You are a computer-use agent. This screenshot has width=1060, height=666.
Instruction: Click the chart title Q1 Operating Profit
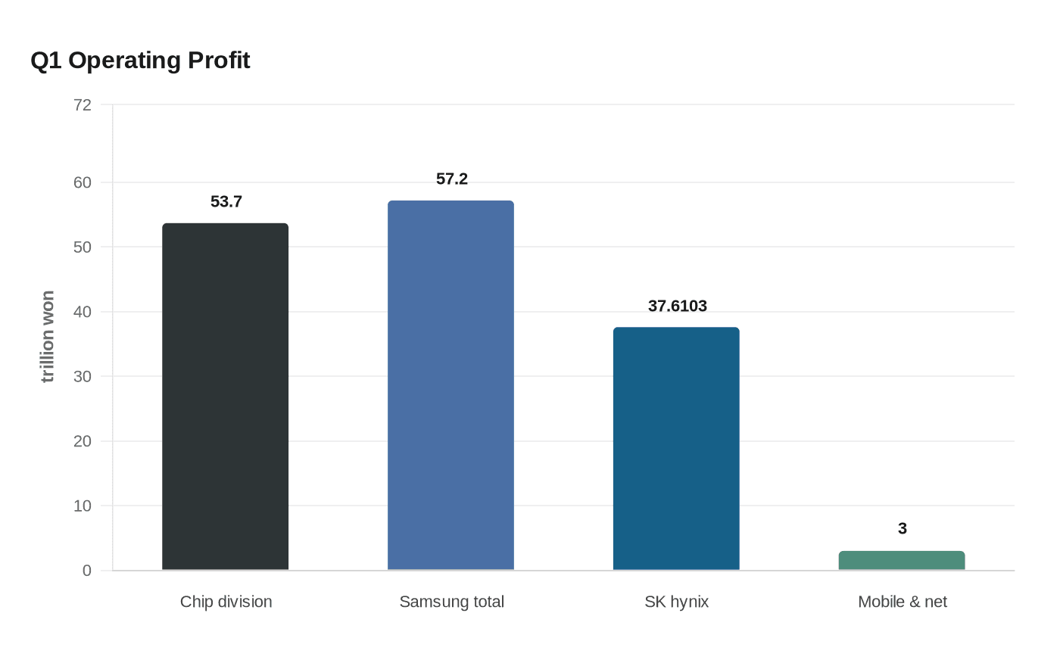click(140, 61)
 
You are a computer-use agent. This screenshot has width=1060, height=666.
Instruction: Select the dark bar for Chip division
click(225, 397)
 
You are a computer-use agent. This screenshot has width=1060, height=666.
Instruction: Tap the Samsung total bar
click(450, 385)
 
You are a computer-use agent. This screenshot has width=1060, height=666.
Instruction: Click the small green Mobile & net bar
click(901, 561)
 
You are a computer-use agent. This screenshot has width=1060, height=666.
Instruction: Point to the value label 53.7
click(226, 202)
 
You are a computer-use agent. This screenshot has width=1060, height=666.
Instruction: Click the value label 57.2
click(451, 179)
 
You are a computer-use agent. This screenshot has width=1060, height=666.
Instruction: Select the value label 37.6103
click(677, 307)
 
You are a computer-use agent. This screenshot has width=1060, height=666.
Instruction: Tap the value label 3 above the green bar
click(902, 529)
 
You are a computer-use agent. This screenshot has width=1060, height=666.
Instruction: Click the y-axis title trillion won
click(48, 337)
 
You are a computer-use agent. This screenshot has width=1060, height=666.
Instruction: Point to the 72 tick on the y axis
click(83, 105)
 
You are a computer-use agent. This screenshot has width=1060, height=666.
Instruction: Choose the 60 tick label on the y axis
click(83, 182)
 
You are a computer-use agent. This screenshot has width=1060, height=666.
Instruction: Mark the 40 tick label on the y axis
click(83, 312)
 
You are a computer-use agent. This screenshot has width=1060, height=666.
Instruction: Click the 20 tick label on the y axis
click(83, 441)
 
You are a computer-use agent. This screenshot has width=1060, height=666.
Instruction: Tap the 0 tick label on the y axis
click(87, 571)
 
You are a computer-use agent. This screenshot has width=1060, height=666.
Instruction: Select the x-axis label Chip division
click(226, 602)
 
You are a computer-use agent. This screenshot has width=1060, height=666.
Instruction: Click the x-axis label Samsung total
click(451, 602)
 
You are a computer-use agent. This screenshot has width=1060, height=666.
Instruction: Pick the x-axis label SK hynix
click(676, 602)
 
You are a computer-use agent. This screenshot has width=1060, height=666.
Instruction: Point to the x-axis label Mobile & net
click(902, 602)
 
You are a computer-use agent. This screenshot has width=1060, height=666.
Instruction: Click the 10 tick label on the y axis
click(83, 506)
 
